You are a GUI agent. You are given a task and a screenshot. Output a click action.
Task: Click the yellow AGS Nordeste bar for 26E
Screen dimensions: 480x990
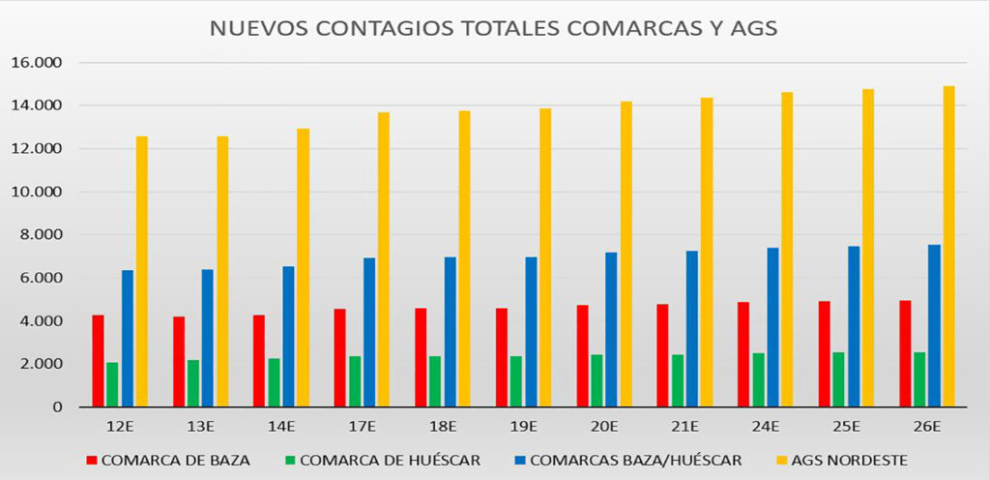[x=948, y=246]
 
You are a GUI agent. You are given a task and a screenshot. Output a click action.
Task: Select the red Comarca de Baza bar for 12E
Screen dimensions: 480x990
[x=98, y=360]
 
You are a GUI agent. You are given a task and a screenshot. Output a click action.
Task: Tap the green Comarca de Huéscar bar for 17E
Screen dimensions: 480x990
[x=355, y=381]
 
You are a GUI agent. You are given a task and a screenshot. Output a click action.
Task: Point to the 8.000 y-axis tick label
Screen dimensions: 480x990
[x=40, y=235]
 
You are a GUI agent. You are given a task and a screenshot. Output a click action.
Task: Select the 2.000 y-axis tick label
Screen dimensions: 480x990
[x=40, y=364]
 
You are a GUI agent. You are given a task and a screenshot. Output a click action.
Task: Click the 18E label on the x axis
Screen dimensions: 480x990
[x=443, y=426]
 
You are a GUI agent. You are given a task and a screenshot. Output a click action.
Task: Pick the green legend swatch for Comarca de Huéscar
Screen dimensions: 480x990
[x=290, y=461]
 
